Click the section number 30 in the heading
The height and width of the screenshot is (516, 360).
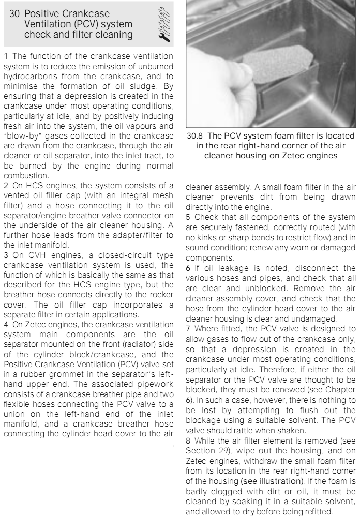coord(16,14)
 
